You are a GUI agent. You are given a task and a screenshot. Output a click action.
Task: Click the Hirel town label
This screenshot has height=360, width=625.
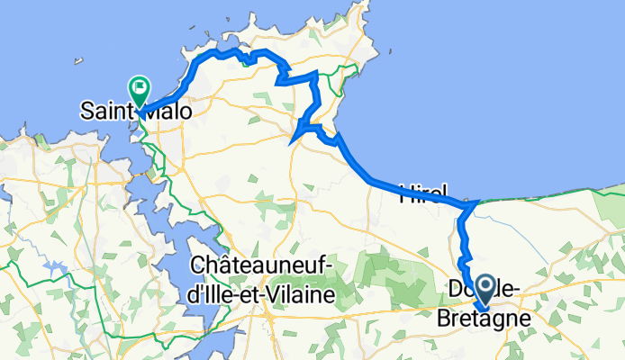pyautogui.click(x=422, y=193)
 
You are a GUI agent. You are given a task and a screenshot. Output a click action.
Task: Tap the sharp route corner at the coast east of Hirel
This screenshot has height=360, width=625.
pyautogui.click(x=475, y=204)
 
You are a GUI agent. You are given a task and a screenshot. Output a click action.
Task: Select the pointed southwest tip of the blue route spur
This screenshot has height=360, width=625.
pyautogui.click(x=291, y=140)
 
